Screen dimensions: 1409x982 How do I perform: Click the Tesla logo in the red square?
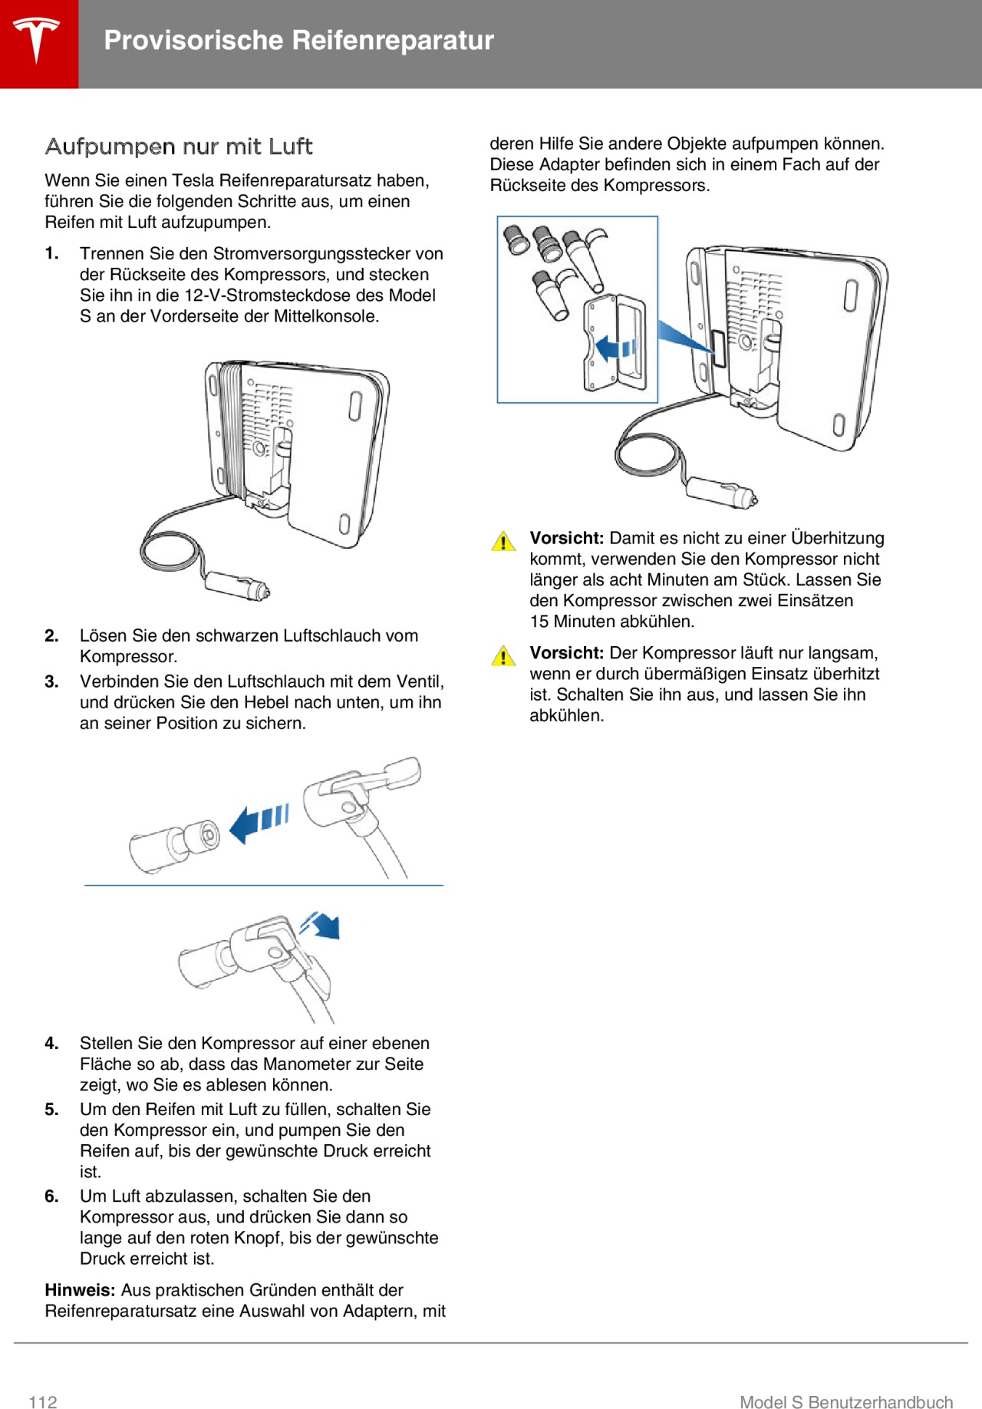[x=36, y=40]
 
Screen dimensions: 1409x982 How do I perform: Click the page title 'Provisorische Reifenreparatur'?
[x=298, y=40]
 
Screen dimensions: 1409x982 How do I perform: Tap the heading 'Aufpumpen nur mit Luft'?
[x=179, y=146]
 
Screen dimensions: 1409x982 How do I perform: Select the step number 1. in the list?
[x=51, y=254]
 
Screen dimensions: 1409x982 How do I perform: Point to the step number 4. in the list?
[x=51, y=1044]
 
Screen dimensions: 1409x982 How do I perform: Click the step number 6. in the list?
[x=51, y=1196]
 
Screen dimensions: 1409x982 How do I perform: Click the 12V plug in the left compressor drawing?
[x=236, y=586]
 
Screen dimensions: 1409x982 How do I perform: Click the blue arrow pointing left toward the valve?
[x=259, y=822]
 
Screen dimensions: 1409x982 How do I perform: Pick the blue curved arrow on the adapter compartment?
[x=615, y=347]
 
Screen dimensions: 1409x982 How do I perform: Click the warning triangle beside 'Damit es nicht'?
[x=503, y=541]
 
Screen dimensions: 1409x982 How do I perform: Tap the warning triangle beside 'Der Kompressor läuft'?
[x=503, y=656]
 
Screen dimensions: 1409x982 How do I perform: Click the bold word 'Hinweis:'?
[x=80, y=1290]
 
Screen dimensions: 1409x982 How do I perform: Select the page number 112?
[x=43, y=1402]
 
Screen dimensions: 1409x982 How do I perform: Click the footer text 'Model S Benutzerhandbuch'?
[x=845, y=1402]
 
